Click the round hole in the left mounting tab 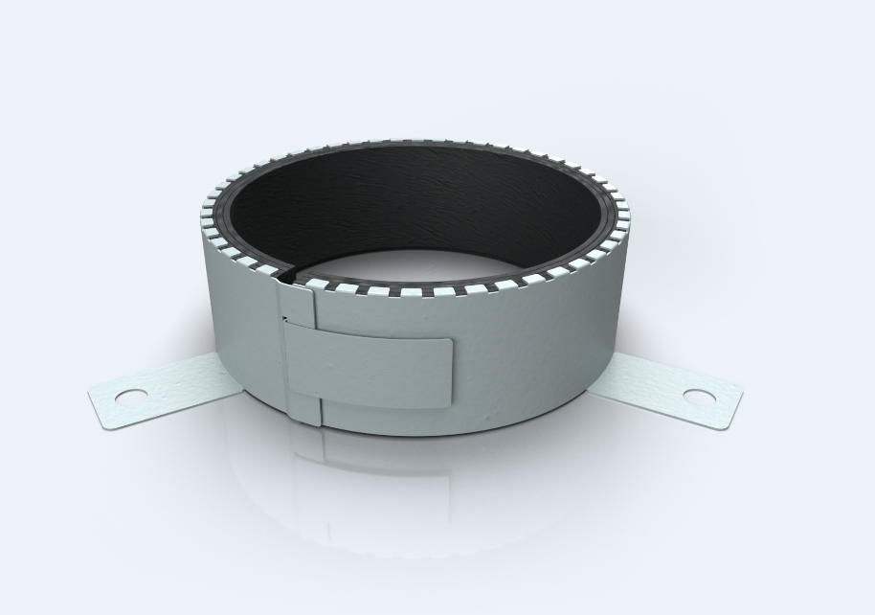[x=131, y=395]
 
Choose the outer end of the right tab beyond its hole [x=729, y=406]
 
